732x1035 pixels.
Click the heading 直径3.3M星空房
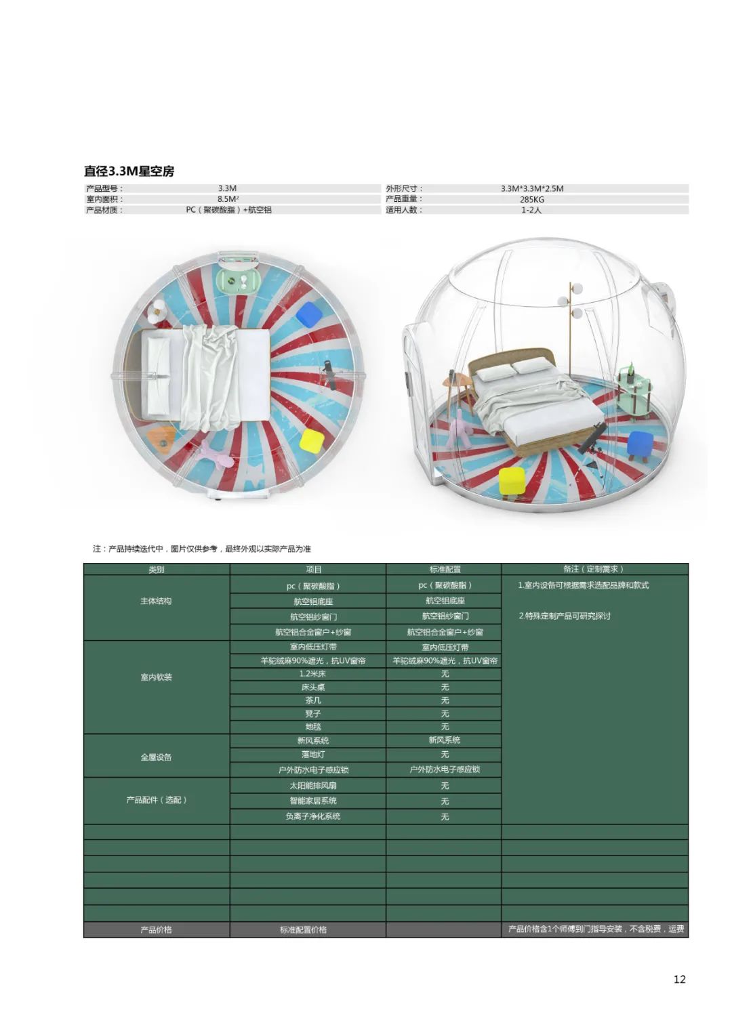coord(129,171)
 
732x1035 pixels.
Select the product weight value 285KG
coord(532,199)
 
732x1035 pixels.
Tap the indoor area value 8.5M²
coord(228,199)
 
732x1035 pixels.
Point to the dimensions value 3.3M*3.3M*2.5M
coord(532,188)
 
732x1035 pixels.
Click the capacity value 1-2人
coord(532,210)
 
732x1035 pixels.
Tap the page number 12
coord(679,979)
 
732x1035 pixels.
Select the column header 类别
coord(157,570)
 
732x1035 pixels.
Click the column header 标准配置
coord(445,570)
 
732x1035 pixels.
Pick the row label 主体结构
coord(157,601)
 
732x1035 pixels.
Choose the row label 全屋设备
coord(157,757)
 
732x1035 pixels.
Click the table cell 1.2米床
coord(312,674)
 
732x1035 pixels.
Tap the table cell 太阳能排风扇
coord(312,786)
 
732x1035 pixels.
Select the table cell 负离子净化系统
coord(312,816)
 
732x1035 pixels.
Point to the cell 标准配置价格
coord(303,929)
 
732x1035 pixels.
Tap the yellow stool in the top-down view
coord(312,440)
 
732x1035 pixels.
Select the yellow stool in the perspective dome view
coord(512,481)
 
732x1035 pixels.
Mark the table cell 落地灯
coord(312,754)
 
